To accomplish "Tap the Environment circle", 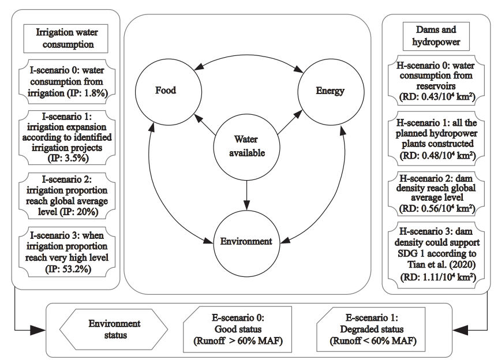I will [x=246, y=240].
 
